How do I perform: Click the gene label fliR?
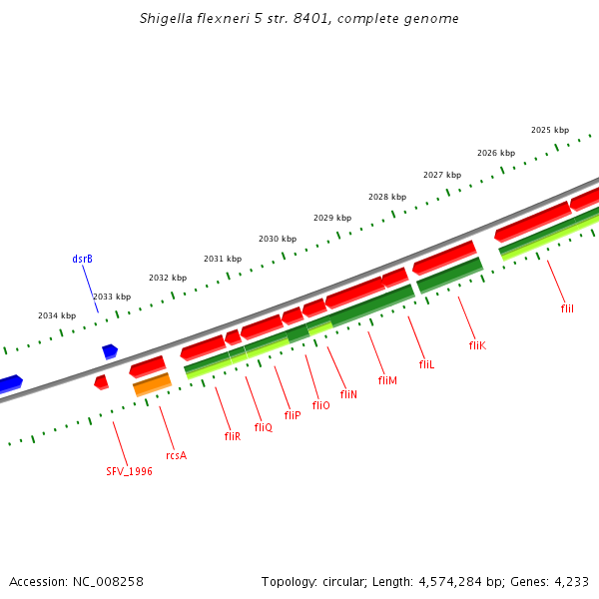[232, 436]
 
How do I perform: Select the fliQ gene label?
[263, 427]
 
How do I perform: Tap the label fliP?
[292, 415]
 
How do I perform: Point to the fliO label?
[320, 405]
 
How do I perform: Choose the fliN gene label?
[348, 394]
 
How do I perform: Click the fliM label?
[387, 380]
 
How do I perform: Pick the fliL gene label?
[426, 365]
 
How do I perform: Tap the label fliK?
[476, 345]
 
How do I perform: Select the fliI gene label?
[567, 309]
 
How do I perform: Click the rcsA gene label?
[176, 455]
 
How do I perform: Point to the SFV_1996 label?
[130, 471]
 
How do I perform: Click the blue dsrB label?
[82, 260]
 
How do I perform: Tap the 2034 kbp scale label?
[57, 315]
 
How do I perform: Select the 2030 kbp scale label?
[278, 240]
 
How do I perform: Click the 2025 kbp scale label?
[550, 131]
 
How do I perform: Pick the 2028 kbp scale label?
[387, 197]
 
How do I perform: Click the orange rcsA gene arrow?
[152, 383]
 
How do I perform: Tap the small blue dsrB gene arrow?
[110, 350]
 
